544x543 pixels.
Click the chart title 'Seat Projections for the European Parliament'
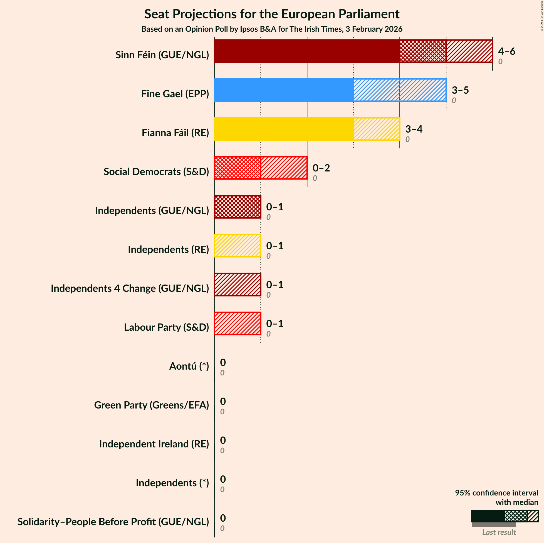pos(272,14)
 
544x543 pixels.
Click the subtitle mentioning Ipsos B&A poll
pos(272,29)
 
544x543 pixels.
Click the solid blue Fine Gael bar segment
pos(284,90)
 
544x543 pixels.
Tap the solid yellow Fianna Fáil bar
pos(284,129)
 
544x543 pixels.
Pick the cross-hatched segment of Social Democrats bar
pos(237,168)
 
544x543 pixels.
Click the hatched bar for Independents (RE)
pos(237,246)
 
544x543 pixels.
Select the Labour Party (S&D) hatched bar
pos(237,323)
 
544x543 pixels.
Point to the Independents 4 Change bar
pos(237,285)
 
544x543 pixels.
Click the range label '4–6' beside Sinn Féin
pos(506,51)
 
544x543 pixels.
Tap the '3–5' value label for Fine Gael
pos(460,90)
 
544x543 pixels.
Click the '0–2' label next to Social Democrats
pos(321,168)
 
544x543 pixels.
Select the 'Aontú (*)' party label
pos(189,366)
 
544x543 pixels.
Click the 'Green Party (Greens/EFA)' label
pos(152,405)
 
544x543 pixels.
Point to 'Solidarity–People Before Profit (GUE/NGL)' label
pos(113,522)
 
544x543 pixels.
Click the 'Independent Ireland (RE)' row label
pos(154,444)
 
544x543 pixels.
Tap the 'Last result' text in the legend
pos(499,532)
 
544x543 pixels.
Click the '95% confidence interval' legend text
pos(496,493)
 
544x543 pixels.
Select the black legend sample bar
pos(488,516)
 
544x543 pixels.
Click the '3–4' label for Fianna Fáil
pos(414,129)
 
